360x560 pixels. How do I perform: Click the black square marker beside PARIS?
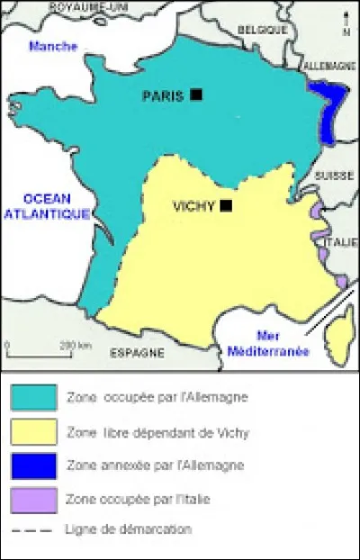[196, 94]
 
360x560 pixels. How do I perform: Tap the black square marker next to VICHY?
[226, 205]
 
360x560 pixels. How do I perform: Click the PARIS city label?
[164, 95]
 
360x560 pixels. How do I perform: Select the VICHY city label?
[193, 206]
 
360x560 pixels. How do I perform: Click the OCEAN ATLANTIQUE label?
[47, 206]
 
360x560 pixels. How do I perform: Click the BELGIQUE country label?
[262, 30]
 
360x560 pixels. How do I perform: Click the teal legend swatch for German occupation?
[33, 396]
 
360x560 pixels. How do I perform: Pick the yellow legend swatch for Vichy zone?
[33, 431]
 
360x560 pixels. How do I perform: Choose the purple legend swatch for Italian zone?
[33, 498]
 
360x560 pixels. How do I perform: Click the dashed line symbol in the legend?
[33, 529]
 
